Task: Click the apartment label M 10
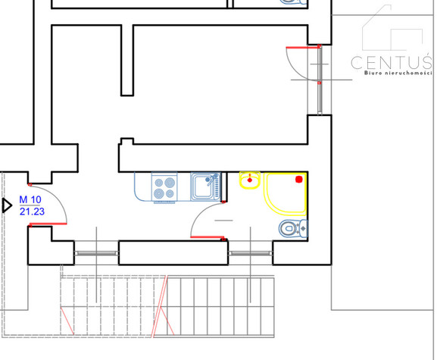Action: (30, 199)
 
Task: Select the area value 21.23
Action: (32, 211)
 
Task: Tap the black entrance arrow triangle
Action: (7, 206)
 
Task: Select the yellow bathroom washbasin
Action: (250, 180)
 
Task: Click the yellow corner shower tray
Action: (285, 194)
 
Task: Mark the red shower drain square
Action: (298, 180)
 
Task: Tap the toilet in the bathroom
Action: (293, 229)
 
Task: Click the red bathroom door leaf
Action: (207, 237)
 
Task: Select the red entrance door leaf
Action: (48, 224)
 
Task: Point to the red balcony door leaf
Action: (303, 48)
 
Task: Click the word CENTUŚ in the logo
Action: (392, 62)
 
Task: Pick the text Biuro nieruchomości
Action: (398, 73)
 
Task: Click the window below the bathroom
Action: (250, 253)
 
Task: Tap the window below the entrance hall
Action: (96, 253)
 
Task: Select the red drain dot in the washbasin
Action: (250, 180)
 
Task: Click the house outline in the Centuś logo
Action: (392, 28)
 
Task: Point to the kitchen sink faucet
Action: (211, 179)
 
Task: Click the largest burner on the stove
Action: (170, 183)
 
